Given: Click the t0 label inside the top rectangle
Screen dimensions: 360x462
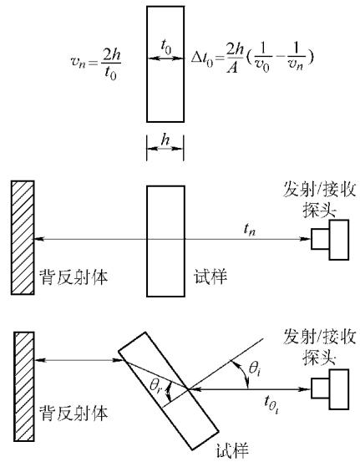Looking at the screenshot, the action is click(x=166, y=47).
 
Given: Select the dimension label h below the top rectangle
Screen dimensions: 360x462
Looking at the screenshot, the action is click(x=165, y=140).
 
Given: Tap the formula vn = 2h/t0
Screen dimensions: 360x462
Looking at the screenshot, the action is click(x=96, y=62).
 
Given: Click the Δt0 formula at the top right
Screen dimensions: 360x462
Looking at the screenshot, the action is click(x=252, y=59).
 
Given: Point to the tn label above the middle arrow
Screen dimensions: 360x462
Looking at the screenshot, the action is click(x=250, y=230).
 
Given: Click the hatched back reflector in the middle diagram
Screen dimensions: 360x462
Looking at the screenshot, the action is click(x=23, y=237).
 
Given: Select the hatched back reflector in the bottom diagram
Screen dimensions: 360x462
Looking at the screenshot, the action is click(x=24, y=386).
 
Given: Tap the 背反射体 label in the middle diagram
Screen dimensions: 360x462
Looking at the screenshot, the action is click(x=74, y=277).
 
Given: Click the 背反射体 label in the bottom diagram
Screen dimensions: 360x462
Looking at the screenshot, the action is click(x=74, y=413).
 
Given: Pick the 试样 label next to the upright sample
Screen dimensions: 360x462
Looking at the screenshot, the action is click(x=210, y=277).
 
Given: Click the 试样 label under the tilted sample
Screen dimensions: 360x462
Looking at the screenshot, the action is click(x=233, y=450).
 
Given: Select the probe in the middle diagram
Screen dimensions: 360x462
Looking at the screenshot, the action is click(x=330, y=240).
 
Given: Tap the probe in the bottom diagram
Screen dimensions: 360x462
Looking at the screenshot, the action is click(x=330, y=389).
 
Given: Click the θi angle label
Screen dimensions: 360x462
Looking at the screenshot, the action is click(x=255, y=369).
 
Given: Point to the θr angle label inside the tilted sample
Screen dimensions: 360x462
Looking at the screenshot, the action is click(x=156, y=386).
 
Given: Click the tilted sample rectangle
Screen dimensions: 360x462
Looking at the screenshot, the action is click(x=169, y=391).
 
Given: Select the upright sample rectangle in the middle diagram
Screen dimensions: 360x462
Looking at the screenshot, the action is click(x=166, y=241).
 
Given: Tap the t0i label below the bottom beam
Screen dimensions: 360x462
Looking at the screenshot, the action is click(x=271, y=403).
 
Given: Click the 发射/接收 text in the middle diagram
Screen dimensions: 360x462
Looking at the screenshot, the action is click(x=319, y=189).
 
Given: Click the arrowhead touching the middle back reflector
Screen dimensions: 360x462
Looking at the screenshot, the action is click(x=39, y=239).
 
